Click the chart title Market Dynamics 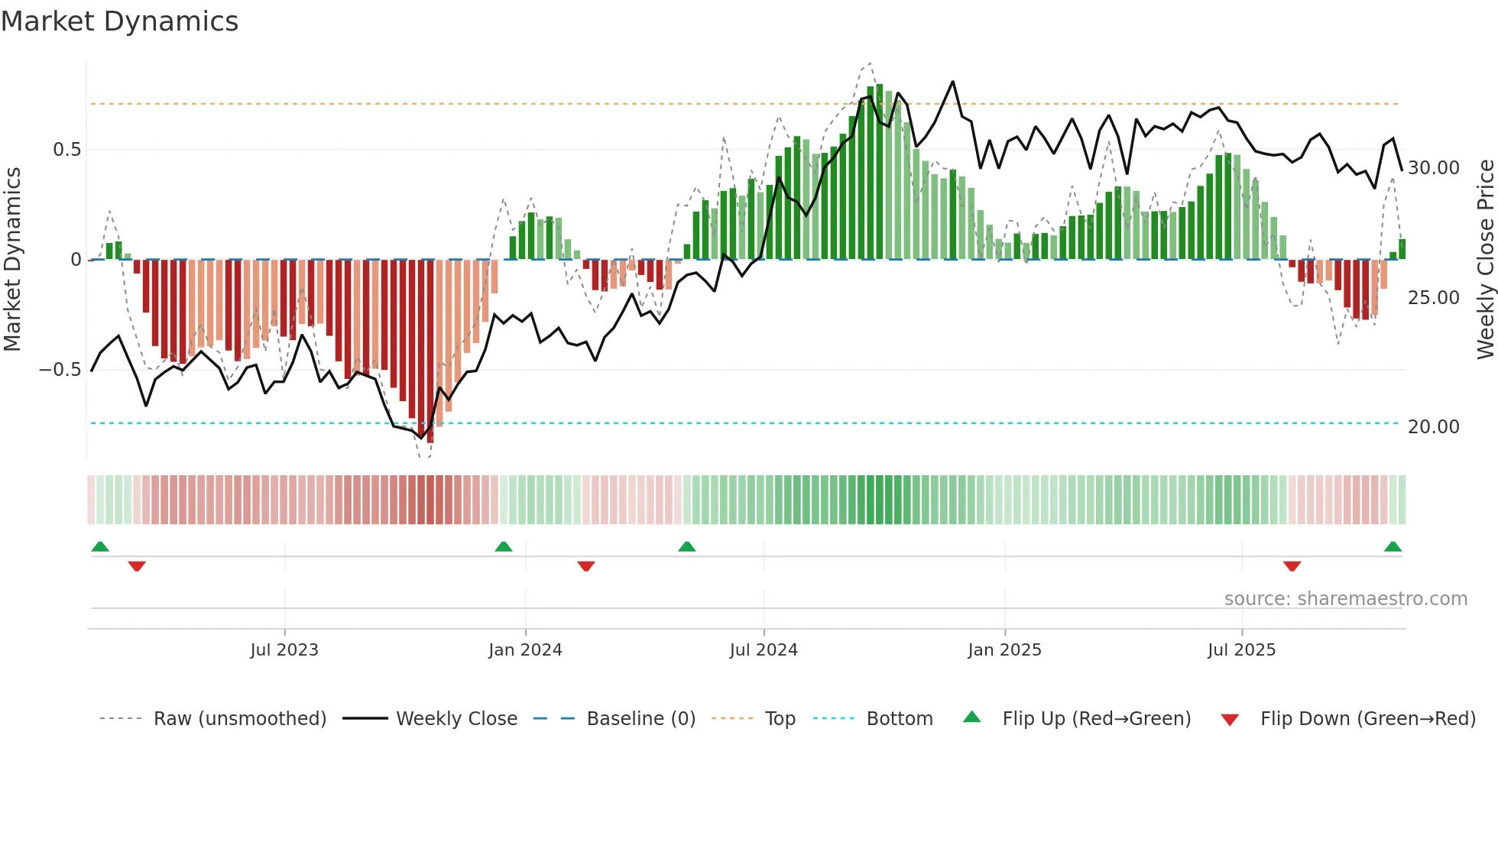point(120,21)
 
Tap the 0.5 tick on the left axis point(66,150)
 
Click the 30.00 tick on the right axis point(1433,168)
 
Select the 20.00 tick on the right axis point(1433,427)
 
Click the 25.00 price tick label point(1433,298)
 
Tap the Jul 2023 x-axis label point(284,650)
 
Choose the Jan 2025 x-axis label point(1004,650)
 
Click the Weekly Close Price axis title point(1485,260)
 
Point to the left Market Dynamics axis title point(12,260)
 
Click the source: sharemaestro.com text point(1345,599)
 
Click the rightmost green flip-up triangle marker point(1393,547)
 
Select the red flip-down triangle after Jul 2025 point(1292,566)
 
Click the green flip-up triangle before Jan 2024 point(503,547)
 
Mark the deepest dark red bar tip point(430,442)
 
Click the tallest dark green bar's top point(879,86)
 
